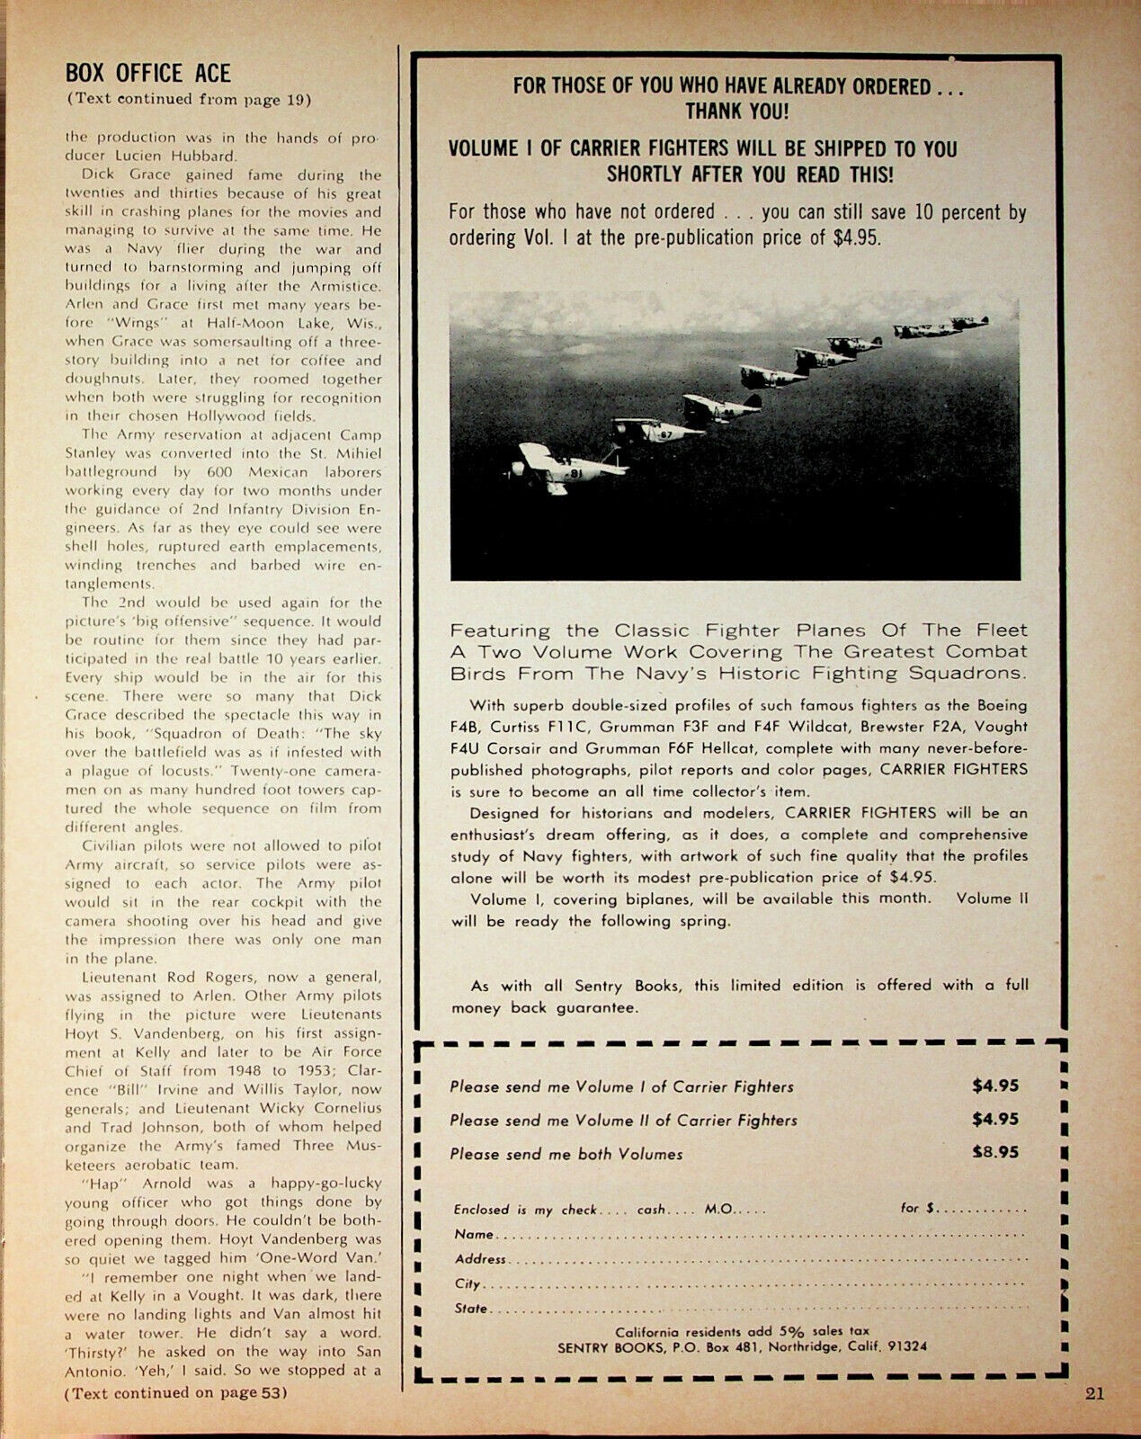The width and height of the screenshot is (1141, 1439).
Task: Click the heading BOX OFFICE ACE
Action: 148,73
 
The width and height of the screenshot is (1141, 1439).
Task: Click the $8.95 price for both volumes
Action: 995,1153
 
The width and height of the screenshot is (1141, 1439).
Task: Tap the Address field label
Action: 480,1259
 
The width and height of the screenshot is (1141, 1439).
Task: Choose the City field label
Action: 467,1284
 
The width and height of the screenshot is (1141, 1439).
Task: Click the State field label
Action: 470,1309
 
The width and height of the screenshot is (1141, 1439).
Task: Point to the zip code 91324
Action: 906,1347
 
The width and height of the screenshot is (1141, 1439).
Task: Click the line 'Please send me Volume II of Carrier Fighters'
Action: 623,1121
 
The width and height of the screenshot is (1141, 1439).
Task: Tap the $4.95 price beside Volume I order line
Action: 995,1086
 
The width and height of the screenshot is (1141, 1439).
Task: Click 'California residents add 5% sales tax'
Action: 742,1330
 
